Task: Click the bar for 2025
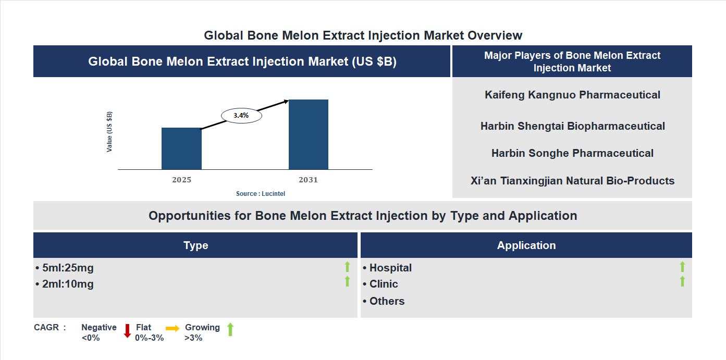click(x=181, y=148)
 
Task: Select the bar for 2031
click(x=309, y=134)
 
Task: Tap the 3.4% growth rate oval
click(x=241, y=116)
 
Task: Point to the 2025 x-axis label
click(x=181, y=180)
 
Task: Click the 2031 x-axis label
click(x=308, y=180)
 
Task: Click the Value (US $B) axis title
click(x=109, y=132)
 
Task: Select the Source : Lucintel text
click(x=261, y=194)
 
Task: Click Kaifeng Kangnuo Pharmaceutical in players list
click(x=572, y=95)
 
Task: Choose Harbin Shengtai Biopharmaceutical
click(x=572, y=126)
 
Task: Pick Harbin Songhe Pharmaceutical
click(x=572, y=153)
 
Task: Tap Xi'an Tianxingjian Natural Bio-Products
click(x=572, y=181)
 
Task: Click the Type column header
click(x=195, y=245)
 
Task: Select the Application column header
click(x=526, y=245)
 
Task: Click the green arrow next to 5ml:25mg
click(x=347, y=267)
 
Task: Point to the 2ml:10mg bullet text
click(x=65, y=284)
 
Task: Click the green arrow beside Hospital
click(x=682, y=267)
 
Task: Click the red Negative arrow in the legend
click(x=127, y=331)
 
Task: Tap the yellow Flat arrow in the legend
click(x=173, y=328)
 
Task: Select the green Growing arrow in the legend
click(x=230, y=329)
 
